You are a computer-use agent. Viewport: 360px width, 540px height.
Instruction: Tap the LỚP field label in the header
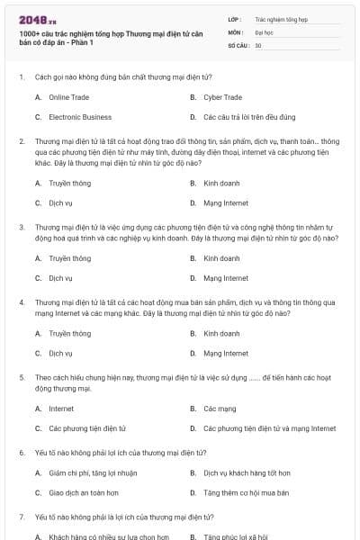point(235,18)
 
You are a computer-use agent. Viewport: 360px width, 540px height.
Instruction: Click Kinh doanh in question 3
point(220,258)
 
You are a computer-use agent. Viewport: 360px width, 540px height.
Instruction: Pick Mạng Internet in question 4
point(225,353)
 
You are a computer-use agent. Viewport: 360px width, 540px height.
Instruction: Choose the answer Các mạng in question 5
point(220,408)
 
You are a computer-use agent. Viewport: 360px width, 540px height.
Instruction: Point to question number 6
point(21,453)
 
